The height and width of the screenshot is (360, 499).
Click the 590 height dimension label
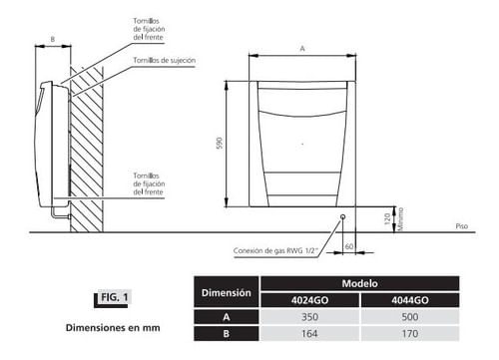click(x=220, y=143)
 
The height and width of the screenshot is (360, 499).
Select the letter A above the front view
click(x=302, y=49)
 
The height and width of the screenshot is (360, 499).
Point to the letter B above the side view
click(x=53, y=39)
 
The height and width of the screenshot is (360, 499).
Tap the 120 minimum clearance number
click(x=387, y=219)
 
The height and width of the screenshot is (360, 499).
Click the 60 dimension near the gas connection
click(x=349, y=246)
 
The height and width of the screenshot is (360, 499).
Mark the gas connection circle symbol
click(x=342, y=217)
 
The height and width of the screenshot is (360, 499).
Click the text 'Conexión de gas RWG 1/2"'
click(x=275, y=250)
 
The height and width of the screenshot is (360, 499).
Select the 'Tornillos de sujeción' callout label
click(x=165, y=60)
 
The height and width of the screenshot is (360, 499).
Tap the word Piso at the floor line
click(x=462, y=226)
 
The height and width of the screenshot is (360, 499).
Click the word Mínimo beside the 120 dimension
click(x=400, y=219)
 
